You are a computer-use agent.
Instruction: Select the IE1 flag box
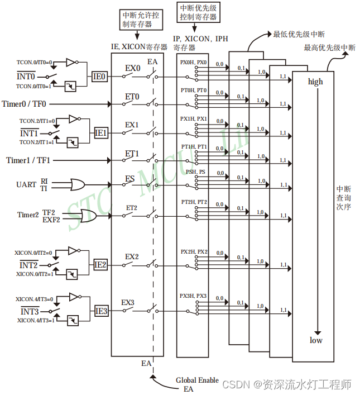(100, 133)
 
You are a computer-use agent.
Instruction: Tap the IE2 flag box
(100, 265)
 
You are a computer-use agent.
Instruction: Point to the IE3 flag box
(101, 311)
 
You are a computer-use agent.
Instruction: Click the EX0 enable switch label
(132, 69)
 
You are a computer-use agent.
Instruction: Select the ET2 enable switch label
(132, 208)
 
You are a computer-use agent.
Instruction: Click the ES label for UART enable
(130, 179)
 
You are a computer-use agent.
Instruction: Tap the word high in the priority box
(315, 82)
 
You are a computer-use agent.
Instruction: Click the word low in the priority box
(316, 340)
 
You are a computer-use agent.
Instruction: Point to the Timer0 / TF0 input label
(24, 103)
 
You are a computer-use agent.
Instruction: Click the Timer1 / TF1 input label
(28, 160)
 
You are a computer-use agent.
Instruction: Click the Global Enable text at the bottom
(197, 380)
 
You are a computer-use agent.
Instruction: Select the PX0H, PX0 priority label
(193, 62)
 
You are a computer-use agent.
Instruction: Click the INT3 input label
(29, 311)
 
